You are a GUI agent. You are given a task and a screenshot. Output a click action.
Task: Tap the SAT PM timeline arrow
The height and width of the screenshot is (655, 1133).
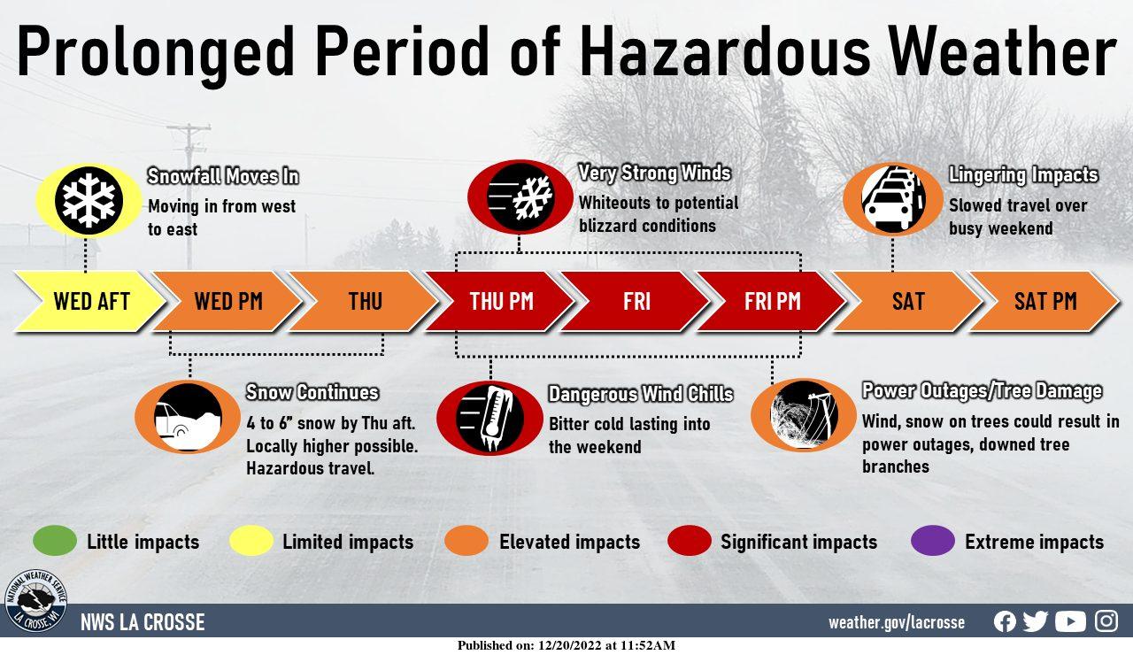tap(1045, 302)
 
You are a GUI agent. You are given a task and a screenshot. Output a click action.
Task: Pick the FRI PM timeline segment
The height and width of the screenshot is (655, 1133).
tap(772, 302)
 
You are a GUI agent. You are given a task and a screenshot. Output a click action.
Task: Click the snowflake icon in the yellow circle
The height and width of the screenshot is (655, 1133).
tap(89, 201)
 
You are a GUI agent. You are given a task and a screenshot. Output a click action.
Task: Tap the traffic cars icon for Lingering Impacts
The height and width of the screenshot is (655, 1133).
tap(893, 199)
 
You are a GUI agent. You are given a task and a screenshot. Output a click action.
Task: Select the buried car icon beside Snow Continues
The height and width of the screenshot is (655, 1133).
tap(189, 417)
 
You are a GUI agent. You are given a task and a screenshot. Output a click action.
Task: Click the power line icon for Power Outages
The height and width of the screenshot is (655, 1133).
tap(804, 415)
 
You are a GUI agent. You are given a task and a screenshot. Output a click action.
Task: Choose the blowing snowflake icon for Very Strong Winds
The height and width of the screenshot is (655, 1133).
tap(520, 196)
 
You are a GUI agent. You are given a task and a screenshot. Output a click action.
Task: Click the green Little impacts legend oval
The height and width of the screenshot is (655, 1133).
tap(55, 541)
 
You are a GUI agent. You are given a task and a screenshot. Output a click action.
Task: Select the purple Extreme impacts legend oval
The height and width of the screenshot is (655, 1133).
tap(933, 541)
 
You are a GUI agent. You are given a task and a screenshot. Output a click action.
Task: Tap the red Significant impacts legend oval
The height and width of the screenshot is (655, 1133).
tap(690, 541)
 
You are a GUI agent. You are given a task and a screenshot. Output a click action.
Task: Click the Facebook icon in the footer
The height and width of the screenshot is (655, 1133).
tap(1005, 621)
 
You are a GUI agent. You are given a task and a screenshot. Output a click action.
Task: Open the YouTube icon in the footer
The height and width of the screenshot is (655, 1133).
tap(1070, 621)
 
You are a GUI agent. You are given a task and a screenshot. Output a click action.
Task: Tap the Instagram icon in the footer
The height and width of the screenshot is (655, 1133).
tap(1106, 621)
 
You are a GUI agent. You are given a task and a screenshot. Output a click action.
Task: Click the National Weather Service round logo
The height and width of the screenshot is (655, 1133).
tap(36, 601)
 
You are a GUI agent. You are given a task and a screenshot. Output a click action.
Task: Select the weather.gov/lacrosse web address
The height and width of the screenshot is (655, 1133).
tap(897, 622)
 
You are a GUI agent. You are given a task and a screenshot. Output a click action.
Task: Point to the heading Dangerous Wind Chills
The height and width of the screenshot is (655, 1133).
tap(641, 394)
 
